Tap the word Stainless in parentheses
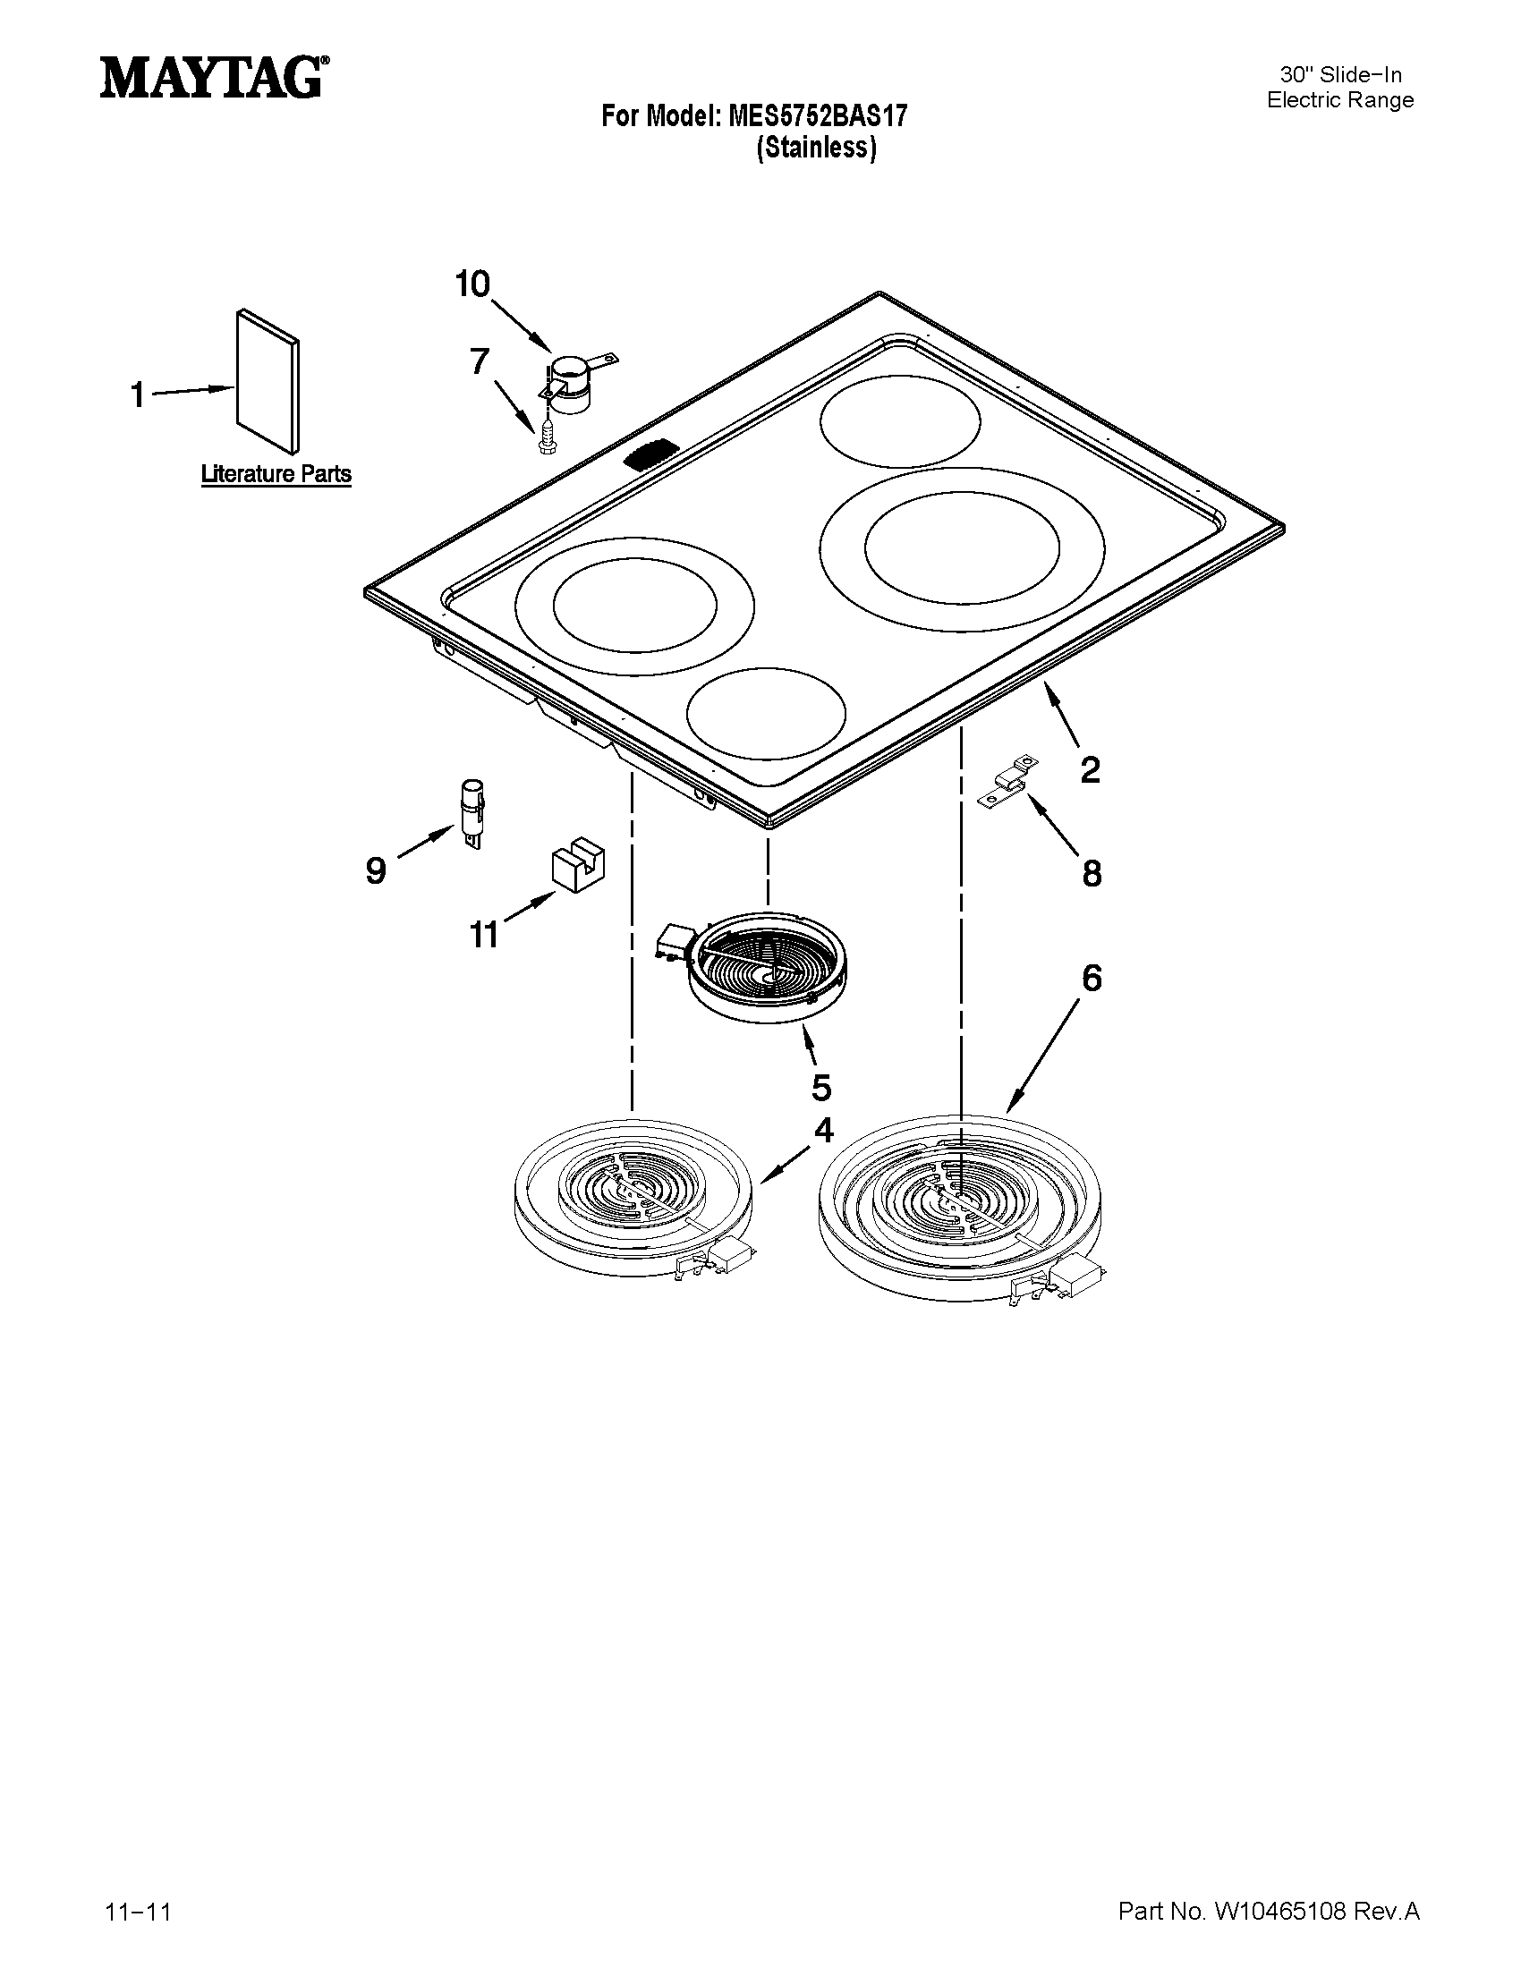pyautogui.click(x=816, y=147)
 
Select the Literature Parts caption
pyautogui.click(x=276, y=474)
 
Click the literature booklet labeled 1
pyautogui.click(x=268, y=380)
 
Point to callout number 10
pyautogui.click(x=472, y=284)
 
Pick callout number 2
pyautogui.click(x=1090, y=770)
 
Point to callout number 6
pyautogui.click(x=1092, y=978)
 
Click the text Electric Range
pyautogui.click(x=1340, y=100)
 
